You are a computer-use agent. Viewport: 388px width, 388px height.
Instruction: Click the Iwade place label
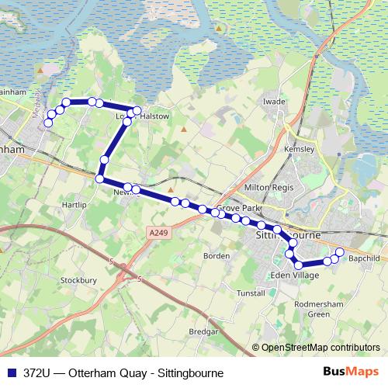(x=275, y=101)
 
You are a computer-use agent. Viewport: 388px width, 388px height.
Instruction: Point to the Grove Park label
(x=234, y=208)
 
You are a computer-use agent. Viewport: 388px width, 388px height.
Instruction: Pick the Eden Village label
(x=294, y=276)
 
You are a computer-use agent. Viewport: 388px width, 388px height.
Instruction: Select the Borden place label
(x=217, y=255)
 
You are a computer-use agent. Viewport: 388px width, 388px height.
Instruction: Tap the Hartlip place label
(x=71, y=205)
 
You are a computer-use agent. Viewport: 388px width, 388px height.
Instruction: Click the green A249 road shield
(x=158, y=230)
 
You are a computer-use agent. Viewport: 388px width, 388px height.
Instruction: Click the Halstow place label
(x=154, y=116)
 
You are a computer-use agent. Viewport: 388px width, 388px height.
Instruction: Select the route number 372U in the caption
(x=39, y=372)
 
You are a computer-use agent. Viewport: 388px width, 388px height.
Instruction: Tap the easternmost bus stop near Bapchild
(x=339, y=251)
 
